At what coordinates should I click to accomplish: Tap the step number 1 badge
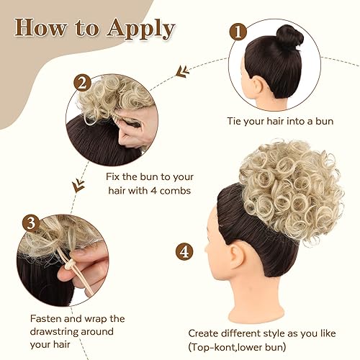click(238, 32)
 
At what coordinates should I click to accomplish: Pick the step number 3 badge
click(30, 222)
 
